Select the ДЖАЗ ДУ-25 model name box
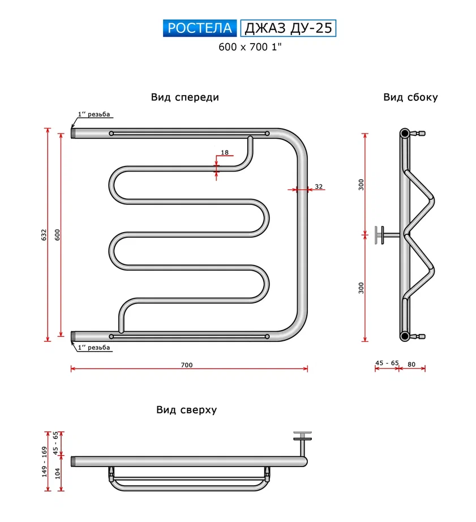click(x=288, y=28)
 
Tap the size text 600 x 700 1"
click(x=250, y=48)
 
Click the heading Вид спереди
click(x=185, y=97)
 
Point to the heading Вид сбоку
click(x=410, y=97)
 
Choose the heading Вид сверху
click(x=187, y=410)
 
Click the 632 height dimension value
click(x=45, y=235)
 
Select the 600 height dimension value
click(x=57, y=235)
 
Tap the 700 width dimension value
click(x=187, y=365)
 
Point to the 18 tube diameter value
click(x=225, y=153)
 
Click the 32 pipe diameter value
click(x=318, y=186)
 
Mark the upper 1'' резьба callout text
click(x=95, y=115)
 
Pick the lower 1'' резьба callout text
click(x=94, y=348)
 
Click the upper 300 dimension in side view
click(x=361, y=184)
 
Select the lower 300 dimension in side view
click(x=361, y=288)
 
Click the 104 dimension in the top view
click(x=57, y=473)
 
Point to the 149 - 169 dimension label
click(x=45, y=462)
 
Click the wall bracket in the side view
click(x=380, y=234)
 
